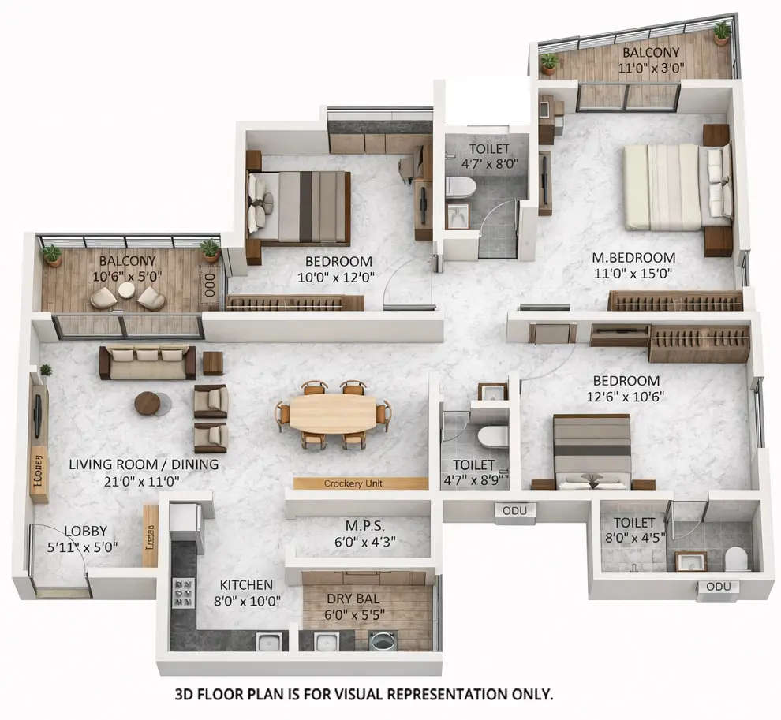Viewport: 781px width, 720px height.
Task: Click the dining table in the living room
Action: tap(332, 413)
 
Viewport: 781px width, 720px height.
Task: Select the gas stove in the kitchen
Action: tap(183, 592)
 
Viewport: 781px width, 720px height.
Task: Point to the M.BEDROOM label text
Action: tap(634, 257)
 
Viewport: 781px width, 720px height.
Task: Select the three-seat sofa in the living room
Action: tap(148, 361)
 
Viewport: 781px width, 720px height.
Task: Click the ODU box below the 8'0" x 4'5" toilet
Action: tap(718, 587)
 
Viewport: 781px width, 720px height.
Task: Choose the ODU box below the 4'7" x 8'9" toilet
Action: tap(516, 511)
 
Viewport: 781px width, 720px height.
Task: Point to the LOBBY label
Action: tap(85, 531)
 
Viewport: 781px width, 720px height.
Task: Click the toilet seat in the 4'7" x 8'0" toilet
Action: tap(460, 188)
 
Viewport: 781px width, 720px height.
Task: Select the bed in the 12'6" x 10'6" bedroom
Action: tap(592, 451)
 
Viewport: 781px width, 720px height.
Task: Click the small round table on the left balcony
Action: tap(126, 289)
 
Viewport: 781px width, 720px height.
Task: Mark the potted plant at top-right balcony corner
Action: tap(722, 32)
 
